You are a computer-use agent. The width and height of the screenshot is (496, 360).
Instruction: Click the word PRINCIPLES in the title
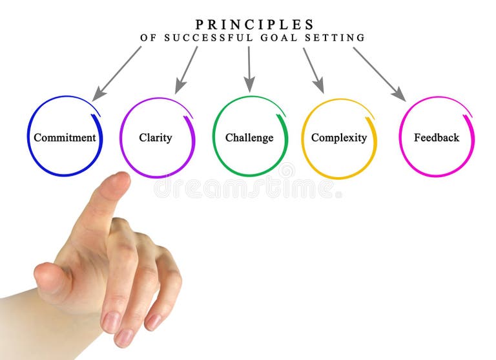[x=254, y=25]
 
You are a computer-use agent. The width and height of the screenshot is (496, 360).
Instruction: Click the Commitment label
[x=65, y=138]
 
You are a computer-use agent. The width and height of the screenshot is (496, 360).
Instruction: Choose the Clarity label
[x=156, y=138]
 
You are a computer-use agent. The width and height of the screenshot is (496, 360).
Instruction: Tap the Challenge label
[x=249, y=138]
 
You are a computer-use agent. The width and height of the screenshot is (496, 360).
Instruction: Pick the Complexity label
[x=339, y=138]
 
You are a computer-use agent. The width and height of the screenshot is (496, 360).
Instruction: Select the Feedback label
[x=437, y=138]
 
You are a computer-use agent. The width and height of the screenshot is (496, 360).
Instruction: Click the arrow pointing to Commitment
[x=117, y=73]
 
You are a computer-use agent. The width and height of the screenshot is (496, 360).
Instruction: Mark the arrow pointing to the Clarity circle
[x=186, y=70]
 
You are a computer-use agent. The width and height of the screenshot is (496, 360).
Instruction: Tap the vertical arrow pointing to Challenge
[x=249, y=69]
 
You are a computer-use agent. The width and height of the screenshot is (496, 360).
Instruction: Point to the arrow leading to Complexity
[x=313, y=70]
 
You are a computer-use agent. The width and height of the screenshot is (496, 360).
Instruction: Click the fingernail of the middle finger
[x=111, y=321]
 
